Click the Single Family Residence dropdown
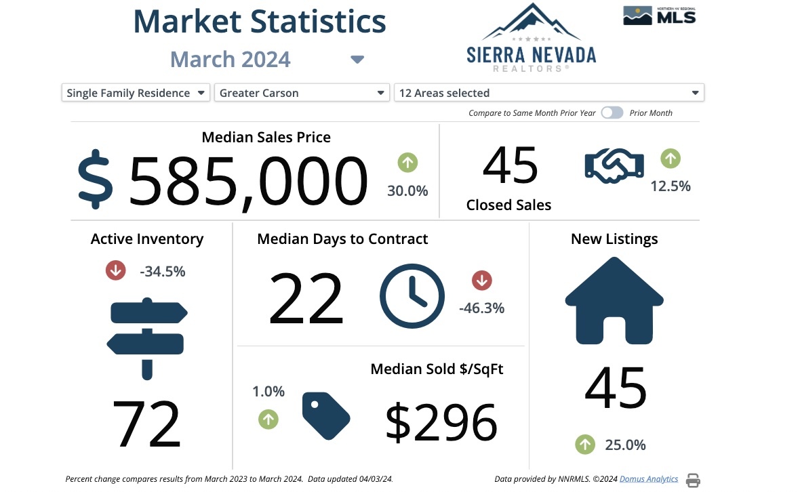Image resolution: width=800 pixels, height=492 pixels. tap(136, 93)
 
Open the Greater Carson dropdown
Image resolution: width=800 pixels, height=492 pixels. tap(302, 93)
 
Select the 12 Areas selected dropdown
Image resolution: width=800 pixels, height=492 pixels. tap(548, 93)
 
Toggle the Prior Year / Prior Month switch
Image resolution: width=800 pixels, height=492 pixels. tap(612, 113)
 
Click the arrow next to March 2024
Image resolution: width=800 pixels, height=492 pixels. tap(357, 60)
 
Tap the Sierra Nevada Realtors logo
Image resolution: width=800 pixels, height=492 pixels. tap(531, 38)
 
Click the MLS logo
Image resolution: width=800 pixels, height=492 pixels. tap(659, 16)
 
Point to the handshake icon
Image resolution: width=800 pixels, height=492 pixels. tap(614, 165)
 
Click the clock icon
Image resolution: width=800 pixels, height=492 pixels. tap(412, 297)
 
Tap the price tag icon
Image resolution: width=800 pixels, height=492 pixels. tap(325, 415)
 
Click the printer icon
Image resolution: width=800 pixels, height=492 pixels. tap(693, 480)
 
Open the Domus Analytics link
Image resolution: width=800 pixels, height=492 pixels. tap(649, 479)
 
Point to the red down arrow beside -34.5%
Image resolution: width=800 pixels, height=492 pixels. tap(116, 271)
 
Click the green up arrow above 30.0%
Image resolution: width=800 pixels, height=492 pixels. tap(407, 163)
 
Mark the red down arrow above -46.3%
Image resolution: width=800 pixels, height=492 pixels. tap(482, 280)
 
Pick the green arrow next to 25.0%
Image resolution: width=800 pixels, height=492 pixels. tap(585, 445)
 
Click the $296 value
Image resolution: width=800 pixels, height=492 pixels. tap(441, 422)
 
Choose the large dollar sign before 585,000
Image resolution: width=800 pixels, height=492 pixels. tap(96, 180)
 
